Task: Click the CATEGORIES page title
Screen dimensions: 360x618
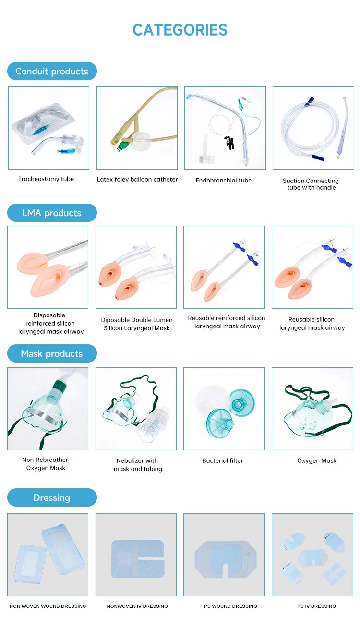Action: point(180,30)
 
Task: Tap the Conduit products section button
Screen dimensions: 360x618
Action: point(52,71)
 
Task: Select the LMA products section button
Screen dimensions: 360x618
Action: point(52,213)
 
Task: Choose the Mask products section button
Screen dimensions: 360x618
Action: point(52,353)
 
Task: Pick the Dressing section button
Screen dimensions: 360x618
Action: point(52,497)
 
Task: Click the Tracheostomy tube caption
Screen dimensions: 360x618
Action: point(46,179)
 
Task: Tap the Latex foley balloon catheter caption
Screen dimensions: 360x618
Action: point(137,179)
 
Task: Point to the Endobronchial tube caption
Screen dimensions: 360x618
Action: point(224,180)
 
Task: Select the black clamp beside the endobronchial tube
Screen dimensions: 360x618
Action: point(229,143)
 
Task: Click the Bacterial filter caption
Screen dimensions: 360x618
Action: point(223,460)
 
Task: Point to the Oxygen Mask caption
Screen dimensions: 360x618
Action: point(317,461)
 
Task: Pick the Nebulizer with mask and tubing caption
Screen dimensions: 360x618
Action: point(138,465)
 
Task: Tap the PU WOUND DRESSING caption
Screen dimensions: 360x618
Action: point(230,606)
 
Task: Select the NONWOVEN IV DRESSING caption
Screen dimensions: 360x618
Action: point(137,606)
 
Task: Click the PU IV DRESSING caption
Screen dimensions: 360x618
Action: point(316,606)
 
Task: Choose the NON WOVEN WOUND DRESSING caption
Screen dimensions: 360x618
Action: point(48,606)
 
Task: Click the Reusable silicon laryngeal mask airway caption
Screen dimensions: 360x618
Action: point(312,323)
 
